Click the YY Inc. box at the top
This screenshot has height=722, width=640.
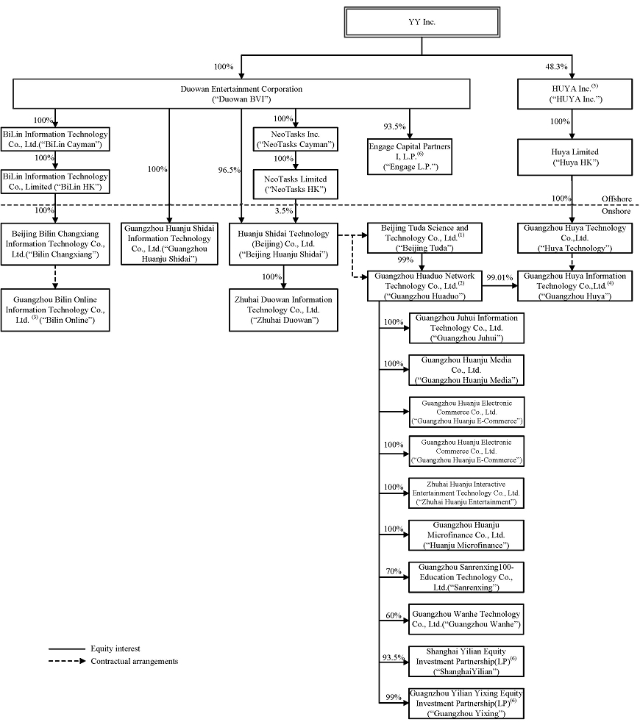point(422,22)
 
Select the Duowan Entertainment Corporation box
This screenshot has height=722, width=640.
point(241,93)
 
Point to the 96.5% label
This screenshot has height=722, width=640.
point(230,170)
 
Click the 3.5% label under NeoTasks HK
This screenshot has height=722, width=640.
point(283,211)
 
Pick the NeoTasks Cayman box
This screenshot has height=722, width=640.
point(294,139)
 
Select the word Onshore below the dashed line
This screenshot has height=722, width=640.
point(619,211)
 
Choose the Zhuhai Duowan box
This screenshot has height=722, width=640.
point(283,310)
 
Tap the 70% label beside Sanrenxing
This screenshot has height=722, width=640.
point(394,571)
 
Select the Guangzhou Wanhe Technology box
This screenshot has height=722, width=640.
point(466,619)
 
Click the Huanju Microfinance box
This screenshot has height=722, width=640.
point(466,535)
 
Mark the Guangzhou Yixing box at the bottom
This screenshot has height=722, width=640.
point(466,704)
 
